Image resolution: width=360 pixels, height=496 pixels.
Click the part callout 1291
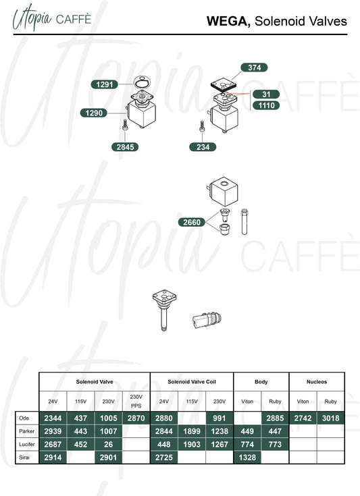click(x=104, y=84)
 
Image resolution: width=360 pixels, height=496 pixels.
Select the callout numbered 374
click(x=254, y=67)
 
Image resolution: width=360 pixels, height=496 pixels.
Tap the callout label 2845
click(x=125, y=147)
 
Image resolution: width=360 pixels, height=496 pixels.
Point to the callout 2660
click(x=192, y=222)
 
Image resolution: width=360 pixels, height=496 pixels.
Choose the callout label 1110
click(x=266, y=105)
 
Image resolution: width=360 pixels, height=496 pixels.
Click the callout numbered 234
click(x=203, y=147)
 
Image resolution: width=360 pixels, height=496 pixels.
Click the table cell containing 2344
click(x=53, y=418)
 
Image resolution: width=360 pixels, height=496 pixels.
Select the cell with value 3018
click(x=330, y=418)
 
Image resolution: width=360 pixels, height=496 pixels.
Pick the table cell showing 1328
click(x=247, y=458)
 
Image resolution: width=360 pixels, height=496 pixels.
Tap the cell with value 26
click(x=108, y=445)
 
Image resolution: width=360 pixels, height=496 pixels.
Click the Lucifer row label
click(x=27, y=445)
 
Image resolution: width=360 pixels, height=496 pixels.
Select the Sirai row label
click(x=24, y=458)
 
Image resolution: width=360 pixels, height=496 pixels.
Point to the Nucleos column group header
click(x=317, y=382)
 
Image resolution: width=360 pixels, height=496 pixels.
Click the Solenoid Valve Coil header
click(x=192, y=382)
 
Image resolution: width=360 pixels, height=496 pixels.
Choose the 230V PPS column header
click(x=136, y=402)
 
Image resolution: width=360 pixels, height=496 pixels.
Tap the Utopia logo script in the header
click(x=32, y=18)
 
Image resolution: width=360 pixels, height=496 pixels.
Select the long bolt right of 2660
click(x=244, y=221)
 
